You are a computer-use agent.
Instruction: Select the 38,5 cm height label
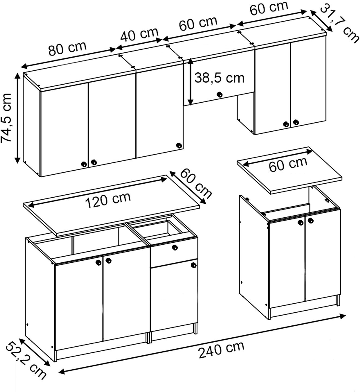click(220, 78)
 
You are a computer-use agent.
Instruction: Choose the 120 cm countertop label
click(108, 200)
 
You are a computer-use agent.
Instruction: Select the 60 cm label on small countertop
click(288, 165)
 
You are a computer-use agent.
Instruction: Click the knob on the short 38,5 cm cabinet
click(220, 94)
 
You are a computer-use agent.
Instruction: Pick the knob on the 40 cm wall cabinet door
click(179, 145)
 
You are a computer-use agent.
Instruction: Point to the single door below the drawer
click(174, 295)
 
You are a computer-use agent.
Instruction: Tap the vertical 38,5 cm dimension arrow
click(190, 82)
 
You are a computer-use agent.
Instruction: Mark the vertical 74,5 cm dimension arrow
click(18, 118)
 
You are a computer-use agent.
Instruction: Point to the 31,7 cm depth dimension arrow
click(321, 21)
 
